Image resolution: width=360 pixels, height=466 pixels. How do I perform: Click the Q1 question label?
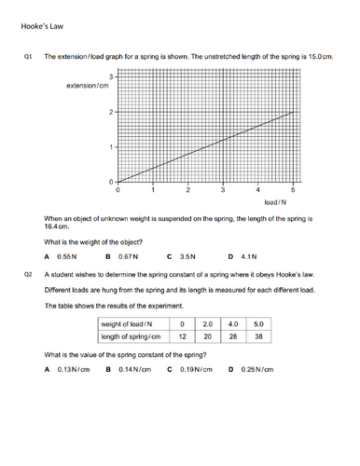coord(28,58)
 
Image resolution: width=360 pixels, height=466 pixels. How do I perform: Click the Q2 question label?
coord(28,276)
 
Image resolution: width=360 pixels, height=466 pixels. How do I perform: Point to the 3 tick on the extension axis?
coord(111,76)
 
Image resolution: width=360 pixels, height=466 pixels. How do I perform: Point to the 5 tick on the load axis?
coord(295,189)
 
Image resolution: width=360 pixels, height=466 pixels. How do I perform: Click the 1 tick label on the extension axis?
coord(111,147)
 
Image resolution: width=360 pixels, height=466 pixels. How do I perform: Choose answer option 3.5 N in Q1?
coord(187,255)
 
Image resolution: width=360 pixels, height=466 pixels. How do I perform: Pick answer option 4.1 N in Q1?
coord(248,255)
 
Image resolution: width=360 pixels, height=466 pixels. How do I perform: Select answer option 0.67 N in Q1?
coord(126,255)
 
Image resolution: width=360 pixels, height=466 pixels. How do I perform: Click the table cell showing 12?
coord(183,336)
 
